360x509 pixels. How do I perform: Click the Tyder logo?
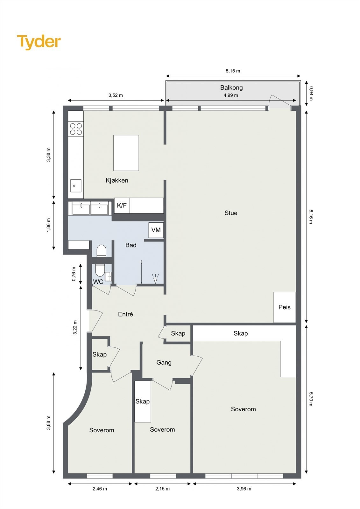(39, 42)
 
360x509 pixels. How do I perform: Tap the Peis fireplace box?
(285, 307)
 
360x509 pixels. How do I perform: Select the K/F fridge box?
(122, 206)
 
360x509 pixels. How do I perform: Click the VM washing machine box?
(156, 230)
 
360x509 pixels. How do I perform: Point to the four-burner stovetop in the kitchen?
(76, 129)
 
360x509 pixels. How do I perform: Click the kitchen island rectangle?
(126, 153)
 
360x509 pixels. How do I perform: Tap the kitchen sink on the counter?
(75, 185)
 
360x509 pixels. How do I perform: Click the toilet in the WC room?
(100, 270)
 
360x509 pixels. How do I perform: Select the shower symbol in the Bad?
(155, 279)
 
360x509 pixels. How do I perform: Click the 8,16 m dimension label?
(311, 216)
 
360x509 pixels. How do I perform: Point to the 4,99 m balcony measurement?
(231, 95)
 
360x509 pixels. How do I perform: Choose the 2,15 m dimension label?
(162, 489)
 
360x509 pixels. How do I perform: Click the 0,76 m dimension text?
(74, 274)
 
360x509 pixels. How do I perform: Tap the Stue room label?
(231, 213)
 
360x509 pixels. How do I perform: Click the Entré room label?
(125, 314)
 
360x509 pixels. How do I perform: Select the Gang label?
(164, 362)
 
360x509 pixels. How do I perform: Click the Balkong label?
(231, 87)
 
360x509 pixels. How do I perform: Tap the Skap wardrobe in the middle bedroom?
(143, 401)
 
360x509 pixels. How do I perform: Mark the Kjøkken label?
(117, 180)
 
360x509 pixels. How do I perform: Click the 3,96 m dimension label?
(244, 489)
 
